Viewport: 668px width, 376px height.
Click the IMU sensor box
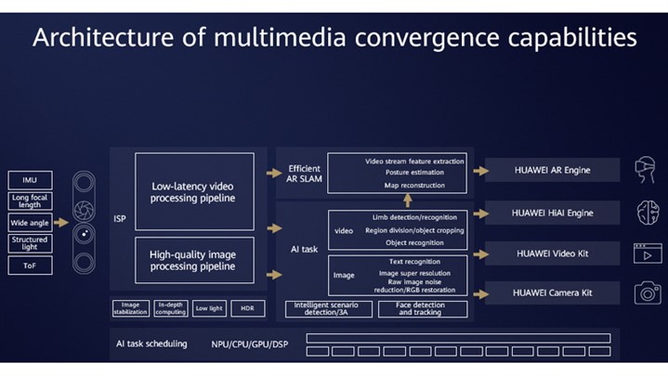tap(30, 179)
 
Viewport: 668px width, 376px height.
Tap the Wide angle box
tap(30, 223)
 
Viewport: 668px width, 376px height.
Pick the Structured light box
tap(30, 244)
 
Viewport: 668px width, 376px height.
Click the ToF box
tap(30, 266)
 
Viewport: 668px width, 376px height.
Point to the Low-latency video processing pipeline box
tap(193, 191)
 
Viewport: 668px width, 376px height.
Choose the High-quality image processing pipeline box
tap(193, 259)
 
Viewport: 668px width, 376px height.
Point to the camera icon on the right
tap(647, 292)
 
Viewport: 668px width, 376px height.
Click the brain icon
tap(647, 214)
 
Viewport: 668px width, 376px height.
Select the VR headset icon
tap(647, 171)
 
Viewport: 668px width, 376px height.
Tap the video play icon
tap(647, 253)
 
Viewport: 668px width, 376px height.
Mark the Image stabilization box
tap(130, 307)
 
